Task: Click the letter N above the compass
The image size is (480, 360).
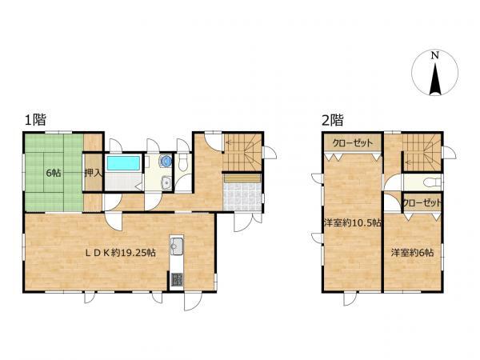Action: click(x=434, y=56)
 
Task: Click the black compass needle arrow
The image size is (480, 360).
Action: click(x=434, y=79)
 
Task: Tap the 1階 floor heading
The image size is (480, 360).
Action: click(x=35, y=119)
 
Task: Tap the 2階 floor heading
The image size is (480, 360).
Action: click(x=333, y=120)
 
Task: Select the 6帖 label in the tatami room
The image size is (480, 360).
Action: click(x=54, y=173)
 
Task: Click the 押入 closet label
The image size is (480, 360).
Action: click(x=93, y=173)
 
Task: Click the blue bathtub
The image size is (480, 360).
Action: click(x=123, y=163)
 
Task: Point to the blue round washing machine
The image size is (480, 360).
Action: click(x=166, y=161)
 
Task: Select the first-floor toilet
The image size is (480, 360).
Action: click(x=183, y=162)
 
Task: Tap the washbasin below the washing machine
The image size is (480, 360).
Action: click(x=166, y=183)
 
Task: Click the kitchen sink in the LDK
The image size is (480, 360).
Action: click(x=177, y=246)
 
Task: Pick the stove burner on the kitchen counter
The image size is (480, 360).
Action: click(x=177, y=279)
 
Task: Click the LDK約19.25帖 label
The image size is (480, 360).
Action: click(x=120, y=253)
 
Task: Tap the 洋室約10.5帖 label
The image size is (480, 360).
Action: click(x=353, y=222)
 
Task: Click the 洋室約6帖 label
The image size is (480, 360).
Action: click(x=412, y=253)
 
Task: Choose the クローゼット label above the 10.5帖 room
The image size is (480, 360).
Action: click(x=353, y=142)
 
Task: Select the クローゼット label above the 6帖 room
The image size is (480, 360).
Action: click(x=422, y=202)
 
